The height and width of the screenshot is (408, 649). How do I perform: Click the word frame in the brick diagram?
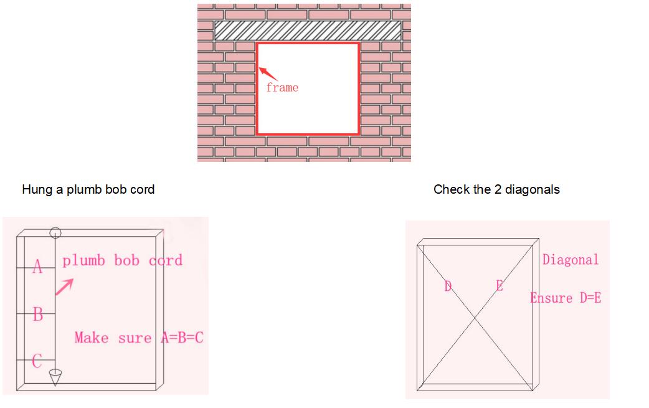tap(282, 87)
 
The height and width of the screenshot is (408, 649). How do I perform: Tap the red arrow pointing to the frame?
tap(268, 74)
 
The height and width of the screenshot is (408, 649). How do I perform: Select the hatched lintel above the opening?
tap(308, 31)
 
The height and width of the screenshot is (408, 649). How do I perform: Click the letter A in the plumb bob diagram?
tap(37, 267)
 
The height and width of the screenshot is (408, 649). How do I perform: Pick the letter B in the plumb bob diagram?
tap(37, 314)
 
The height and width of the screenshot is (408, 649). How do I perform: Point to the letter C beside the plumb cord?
tap(37, 361)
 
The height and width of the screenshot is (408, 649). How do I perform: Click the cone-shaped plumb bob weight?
tap(55, 377)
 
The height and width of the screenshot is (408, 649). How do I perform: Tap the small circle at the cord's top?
tap(55, 233)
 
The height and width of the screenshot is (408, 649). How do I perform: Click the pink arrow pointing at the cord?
tap(65, 287)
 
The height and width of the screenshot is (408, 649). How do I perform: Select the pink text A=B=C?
tap(182, 338)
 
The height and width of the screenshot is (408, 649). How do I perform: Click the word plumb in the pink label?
tap(83, 261)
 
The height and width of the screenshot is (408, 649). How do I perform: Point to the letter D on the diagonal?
tap(448, 286)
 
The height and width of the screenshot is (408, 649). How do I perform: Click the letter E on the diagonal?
tap(500, 285)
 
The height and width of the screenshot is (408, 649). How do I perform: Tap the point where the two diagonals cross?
tap(475, 318)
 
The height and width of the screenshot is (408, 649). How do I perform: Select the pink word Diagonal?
tap(571, 260)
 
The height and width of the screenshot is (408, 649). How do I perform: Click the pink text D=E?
tap(590, 298)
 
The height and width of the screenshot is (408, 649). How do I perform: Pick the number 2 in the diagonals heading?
tap(498, 189)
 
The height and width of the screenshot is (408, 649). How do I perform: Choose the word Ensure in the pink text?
tap(551, 298)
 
